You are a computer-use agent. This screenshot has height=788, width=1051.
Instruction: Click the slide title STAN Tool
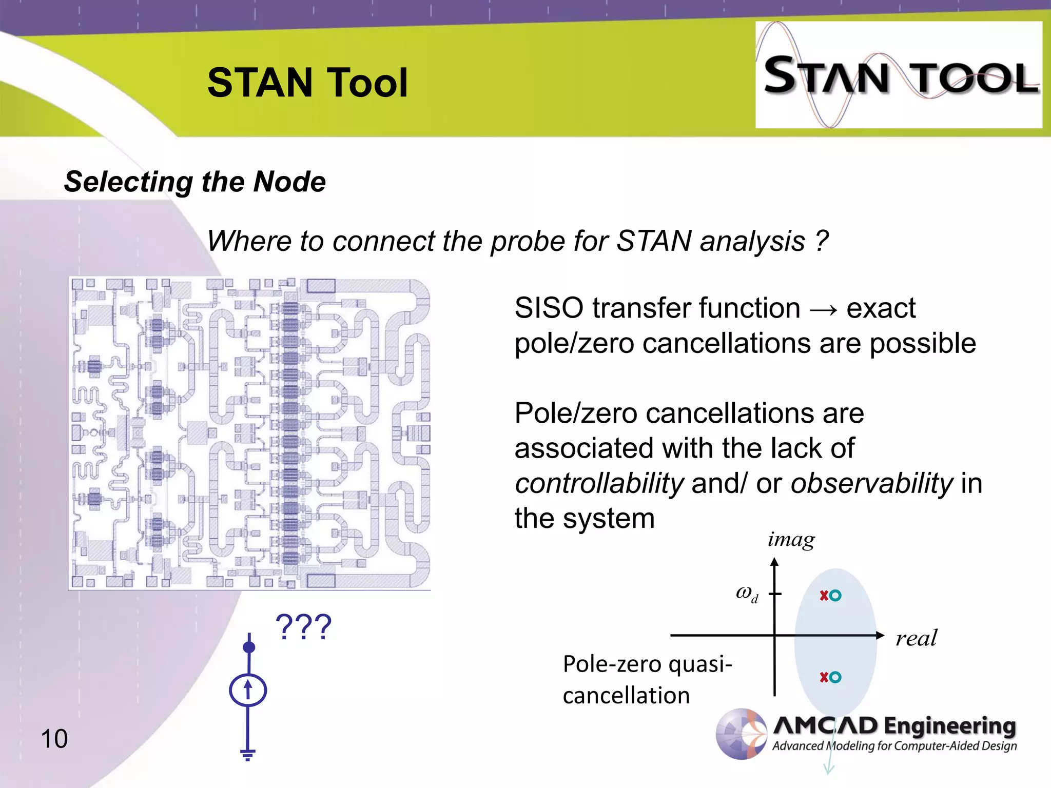307,83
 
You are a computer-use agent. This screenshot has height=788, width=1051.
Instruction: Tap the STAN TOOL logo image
898,75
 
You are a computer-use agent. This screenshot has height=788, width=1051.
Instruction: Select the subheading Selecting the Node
194,182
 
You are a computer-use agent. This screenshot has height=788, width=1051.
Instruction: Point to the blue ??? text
303,627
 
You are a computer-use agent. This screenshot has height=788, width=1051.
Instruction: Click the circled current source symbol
248,690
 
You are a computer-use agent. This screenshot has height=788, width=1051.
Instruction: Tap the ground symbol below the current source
248,754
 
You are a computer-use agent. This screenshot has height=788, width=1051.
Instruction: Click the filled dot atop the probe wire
249,647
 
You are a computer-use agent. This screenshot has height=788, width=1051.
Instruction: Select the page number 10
54,739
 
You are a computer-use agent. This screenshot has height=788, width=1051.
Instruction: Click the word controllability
599,483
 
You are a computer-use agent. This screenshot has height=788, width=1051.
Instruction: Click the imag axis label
791,540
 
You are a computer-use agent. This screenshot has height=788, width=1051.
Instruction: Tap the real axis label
916,638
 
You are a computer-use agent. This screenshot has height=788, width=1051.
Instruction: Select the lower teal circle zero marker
835,677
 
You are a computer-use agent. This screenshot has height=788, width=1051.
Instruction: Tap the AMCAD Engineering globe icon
742,734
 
